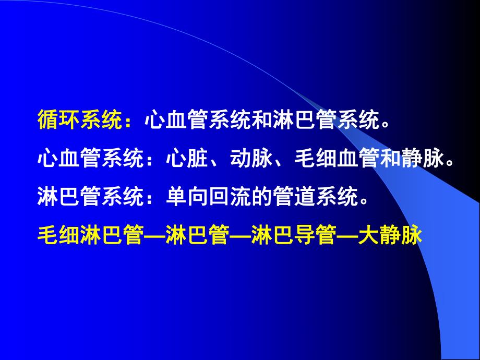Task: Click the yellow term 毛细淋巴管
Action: click(91, 235)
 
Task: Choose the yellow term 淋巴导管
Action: click(293, 235)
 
